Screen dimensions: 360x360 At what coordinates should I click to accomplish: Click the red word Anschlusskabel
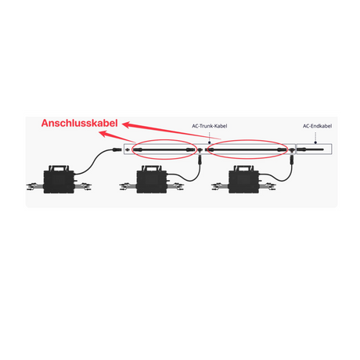coord(79,123)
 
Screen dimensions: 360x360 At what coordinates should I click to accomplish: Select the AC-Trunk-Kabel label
coord(210,126)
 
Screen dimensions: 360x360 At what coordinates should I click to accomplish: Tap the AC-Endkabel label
coord(317,126)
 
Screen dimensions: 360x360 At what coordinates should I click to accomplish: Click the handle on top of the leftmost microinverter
coord(59,167)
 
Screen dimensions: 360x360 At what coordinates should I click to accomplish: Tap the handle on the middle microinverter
coord(152,167)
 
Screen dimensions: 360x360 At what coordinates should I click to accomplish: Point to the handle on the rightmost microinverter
coord(244,167)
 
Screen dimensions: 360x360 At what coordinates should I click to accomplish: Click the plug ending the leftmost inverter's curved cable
coord(117,149)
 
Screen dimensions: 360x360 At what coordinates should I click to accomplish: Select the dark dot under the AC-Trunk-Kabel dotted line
coord(209,143)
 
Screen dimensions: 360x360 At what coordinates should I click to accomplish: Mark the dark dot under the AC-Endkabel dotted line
coord(315,142)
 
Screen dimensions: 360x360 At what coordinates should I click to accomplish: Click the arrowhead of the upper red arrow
coord(127,124)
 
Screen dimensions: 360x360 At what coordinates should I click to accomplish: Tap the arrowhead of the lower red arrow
coord(103,134)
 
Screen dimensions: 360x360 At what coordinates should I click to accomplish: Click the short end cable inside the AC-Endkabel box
coord(311,149)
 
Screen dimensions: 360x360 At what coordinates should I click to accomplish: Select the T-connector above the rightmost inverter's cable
coord(292,150)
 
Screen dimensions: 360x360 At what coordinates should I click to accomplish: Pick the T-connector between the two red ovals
coord(200,150)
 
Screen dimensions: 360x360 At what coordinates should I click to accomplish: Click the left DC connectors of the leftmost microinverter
coord(35,186)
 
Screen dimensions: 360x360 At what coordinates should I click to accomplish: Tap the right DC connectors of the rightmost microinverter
coord(268,186)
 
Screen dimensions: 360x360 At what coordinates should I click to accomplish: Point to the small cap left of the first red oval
coord(128,149)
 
